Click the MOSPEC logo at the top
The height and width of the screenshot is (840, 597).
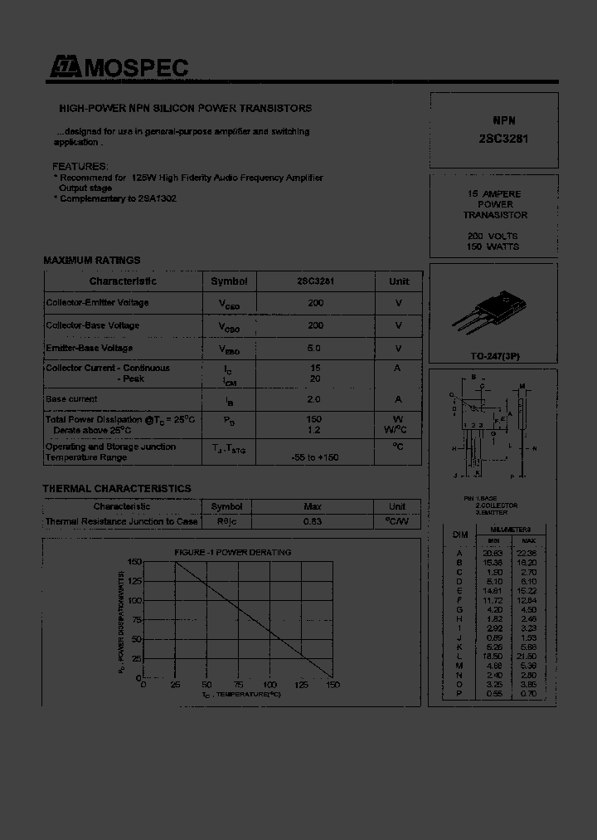[x=118, y=68]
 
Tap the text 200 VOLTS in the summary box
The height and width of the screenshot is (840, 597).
[x=493, y=236]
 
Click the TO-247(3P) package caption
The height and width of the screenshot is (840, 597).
[x=495, y=356]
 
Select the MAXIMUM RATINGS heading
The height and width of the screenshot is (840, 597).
[x=91, y=261]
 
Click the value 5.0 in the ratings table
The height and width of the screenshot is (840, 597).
[x=315, y=349]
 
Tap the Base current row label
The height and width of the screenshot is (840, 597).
[x=71, y=399]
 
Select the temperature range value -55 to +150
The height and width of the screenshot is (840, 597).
[x=315, y=457]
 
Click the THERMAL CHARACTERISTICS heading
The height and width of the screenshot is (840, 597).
[x=117, y=489]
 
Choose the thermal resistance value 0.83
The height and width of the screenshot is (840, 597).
[x=313, y=521]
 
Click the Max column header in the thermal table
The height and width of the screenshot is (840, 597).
[x=313, y=506]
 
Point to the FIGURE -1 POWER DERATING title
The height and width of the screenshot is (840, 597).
[x=232, y=552]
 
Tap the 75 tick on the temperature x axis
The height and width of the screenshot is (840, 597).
[x=238, y=685]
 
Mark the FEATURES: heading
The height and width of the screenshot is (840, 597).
[x=80, y=166]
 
